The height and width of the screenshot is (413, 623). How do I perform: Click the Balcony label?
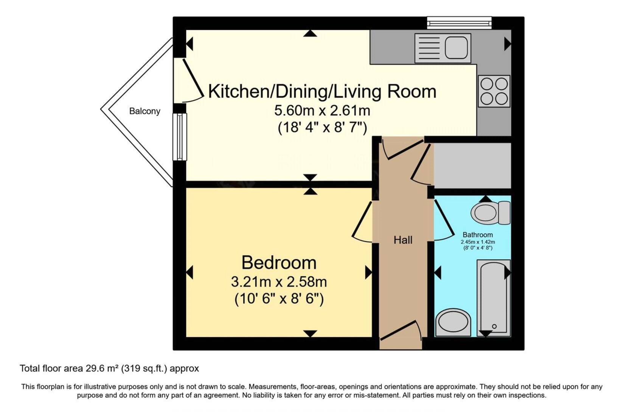click(144, 111)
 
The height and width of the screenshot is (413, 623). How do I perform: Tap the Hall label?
click(403, 240)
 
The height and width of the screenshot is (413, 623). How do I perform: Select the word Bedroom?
click(279, 262)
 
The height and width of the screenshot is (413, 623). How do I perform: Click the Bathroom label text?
click(477, 235)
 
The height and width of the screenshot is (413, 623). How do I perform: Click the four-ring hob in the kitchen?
click(494, 91)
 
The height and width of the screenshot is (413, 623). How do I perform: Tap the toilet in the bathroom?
click(491, 213)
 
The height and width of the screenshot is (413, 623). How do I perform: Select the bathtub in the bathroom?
click(494, 298)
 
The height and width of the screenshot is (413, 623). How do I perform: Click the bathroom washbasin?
click(453, 322)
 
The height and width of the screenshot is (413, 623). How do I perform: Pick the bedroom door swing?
click(362, 222)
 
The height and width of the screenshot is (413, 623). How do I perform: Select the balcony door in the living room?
click(192, 81)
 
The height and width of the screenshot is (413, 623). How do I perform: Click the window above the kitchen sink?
click(459, 23)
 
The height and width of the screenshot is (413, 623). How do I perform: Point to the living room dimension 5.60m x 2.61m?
click(322, 111)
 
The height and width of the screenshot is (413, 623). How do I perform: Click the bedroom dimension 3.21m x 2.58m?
click(279, 282)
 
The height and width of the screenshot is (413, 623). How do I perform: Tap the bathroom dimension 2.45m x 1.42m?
click(478, 242)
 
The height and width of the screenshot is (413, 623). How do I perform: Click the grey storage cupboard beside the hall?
click(472, 165)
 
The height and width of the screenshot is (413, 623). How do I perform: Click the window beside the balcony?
click(180, 137)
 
